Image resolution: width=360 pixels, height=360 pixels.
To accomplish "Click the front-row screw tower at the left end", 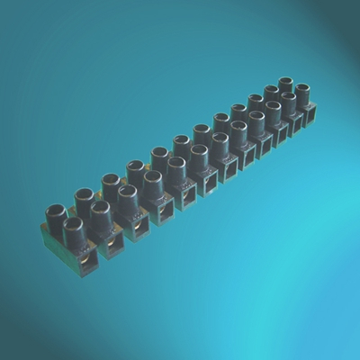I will click(x=74, y=226).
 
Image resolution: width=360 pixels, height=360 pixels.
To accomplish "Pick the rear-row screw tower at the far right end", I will click(x=285, y=85).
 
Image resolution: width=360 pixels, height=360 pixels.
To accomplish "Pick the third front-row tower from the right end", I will click(x=274, y=109).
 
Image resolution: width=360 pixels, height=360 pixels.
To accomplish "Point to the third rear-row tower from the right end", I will click(x=256, y=101).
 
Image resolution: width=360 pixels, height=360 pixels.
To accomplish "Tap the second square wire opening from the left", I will click(x=114, y=241).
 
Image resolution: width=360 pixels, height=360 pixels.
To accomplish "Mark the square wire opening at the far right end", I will click(x=311, y=113).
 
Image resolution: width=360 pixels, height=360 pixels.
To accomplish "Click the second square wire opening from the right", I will click(x=297, y=123).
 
